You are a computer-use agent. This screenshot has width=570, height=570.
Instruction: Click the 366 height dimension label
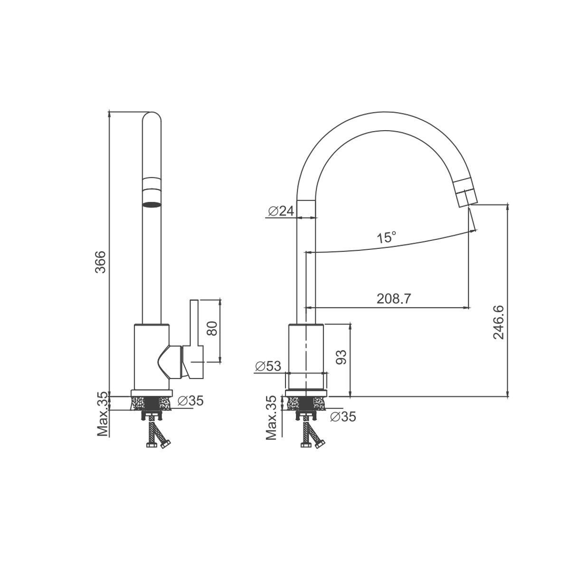tap(102, 262)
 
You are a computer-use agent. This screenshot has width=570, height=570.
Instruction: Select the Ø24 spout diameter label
tap(281, 211)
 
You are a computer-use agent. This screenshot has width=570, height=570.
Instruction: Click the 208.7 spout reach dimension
tap(394, 299)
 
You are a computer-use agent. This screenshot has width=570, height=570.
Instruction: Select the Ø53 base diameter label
tap(268, 366)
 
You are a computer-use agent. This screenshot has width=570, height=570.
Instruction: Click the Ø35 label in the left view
tap(191, 401)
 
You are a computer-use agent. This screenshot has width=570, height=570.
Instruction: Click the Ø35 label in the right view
tap(343, 417)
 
